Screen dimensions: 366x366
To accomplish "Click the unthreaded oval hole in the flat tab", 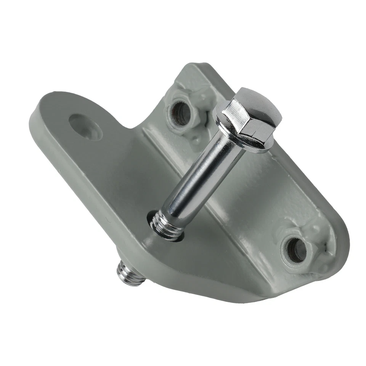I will (85, 126).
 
